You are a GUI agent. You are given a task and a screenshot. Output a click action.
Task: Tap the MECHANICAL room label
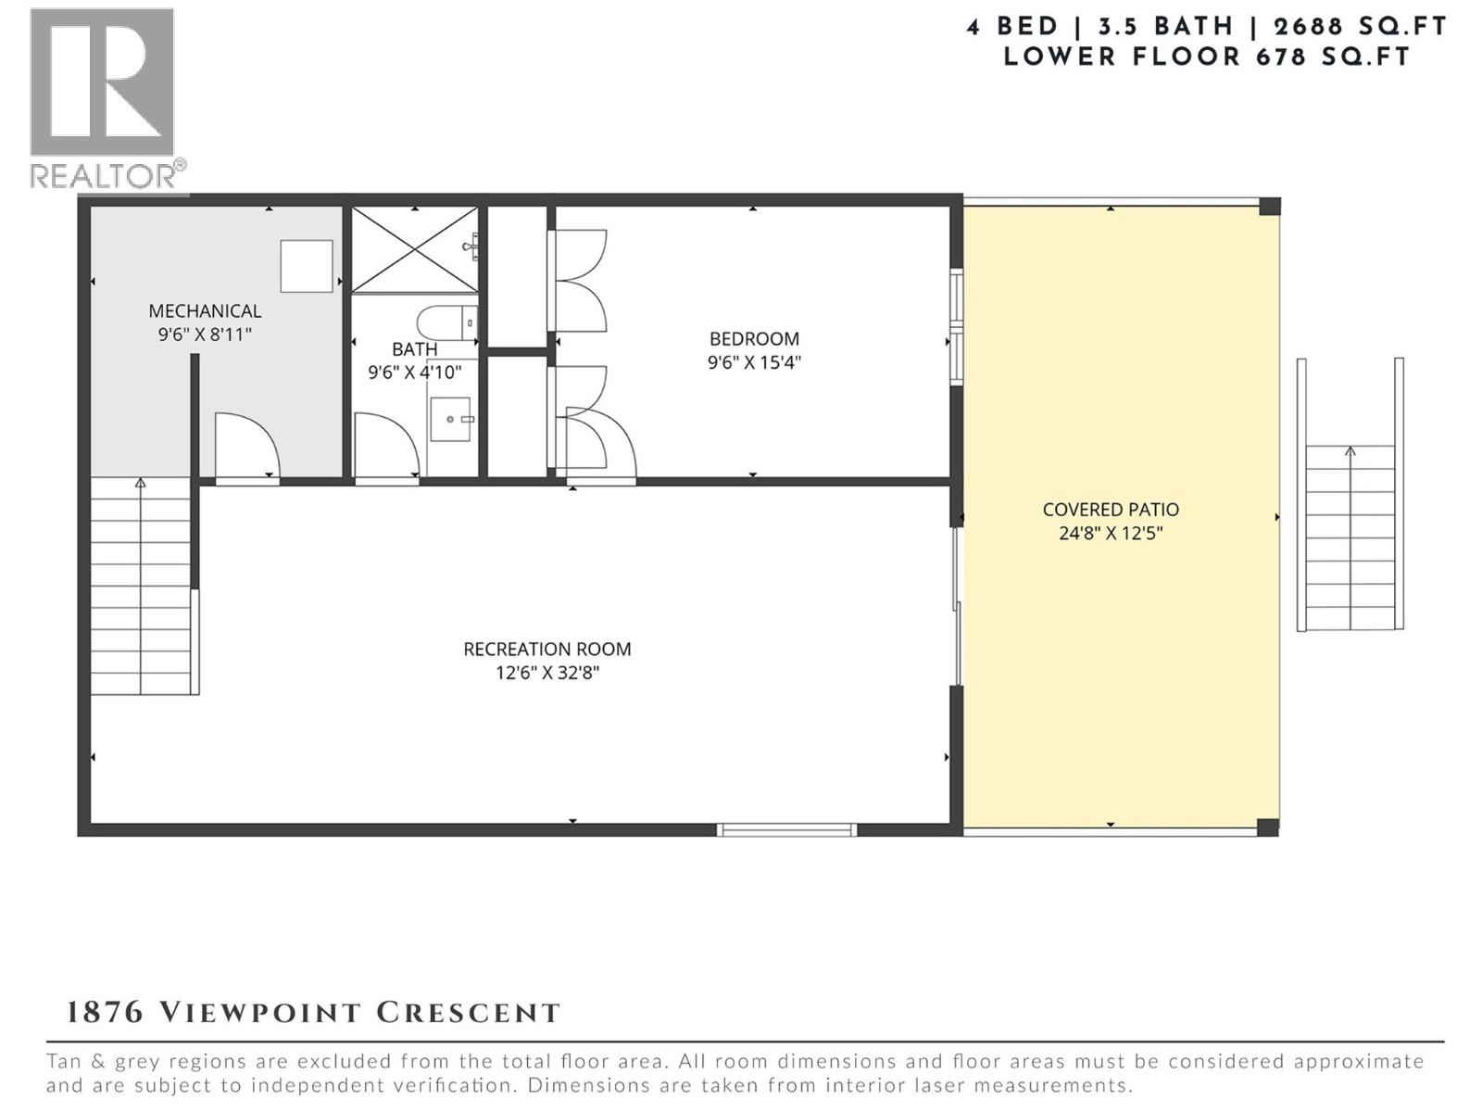pos(205,311)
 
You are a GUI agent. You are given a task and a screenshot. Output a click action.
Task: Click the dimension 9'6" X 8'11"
pos(205,335)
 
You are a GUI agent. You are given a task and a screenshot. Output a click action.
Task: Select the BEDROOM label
pos(754,339)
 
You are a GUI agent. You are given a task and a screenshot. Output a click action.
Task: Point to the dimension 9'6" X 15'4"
pos(754,362)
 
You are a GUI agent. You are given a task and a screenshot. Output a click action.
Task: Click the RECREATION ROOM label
pos(546,650)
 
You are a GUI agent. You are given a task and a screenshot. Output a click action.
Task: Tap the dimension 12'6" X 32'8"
pos(546,673)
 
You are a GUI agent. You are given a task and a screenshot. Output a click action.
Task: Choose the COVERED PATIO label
pos(1110,510)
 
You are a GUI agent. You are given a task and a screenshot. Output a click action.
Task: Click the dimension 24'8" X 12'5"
pos(1110,533)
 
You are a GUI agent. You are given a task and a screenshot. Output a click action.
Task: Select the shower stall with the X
pos(413,249)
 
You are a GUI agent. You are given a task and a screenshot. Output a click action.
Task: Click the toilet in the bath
pos(446,323)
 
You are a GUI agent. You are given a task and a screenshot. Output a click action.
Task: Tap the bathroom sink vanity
pos(451,419)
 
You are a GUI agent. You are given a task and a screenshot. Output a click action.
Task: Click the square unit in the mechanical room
pos(307,266)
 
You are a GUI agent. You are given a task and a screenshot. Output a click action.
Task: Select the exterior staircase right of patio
pos(1350,537)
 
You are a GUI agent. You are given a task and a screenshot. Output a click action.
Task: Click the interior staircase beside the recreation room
pos(141,588)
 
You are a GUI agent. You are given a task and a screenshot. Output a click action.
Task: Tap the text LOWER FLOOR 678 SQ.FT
pos(1206,57)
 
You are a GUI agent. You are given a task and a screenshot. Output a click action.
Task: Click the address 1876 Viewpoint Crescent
pos(313,1012)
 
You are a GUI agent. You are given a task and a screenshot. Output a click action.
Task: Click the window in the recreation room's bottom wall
pos(786,829)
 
